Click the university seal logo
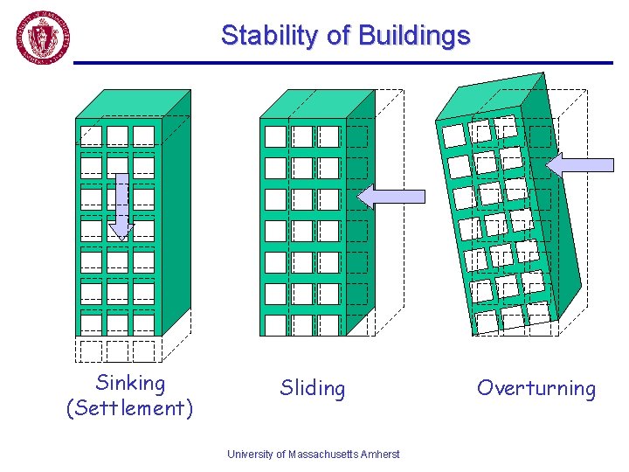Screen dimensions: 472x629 [43, 38]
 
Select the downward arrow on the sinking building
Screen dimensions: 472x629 [122, 206]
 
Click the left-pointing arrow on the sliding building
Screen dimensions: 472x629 [391, 196]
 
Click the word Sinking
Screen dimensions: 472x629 [129, 383]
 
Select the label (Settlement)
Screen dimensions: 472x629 [129, 408]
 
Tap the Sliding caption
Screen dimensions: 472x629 [312, 388]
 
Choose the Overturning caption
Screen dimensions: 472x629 [536, 388]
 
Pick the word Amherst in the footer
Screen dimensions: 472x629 [381, 454]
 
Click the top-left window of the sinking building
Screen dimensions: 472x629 [91, 135]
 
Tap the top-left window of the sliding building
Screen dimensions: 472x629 [275, 136]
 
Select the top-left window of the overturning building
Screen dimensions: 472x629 [453, 135]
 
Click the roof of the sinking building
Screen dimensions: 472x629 [131, 104]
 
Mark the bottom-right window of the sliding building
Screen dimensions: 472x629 [328, 324]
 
